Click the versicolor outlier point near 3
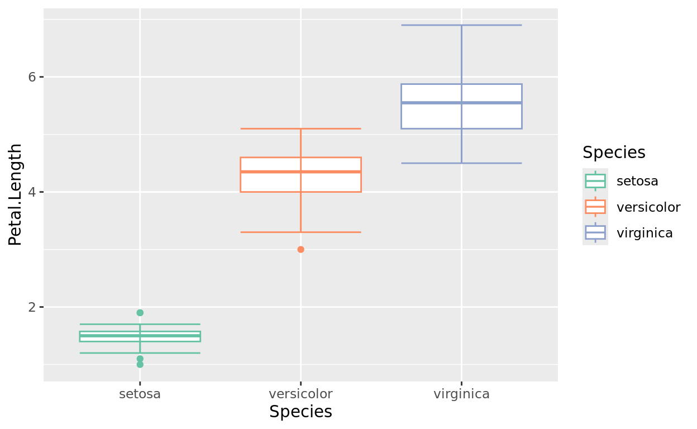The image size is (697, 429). click(x=300, y=249)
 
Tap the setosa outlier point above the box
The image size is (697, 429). click(x=140, y=313)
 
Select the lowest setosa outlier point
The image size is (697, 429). click(x=140, y=364)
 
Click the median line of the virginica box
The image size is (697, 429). click(x=461, y=103)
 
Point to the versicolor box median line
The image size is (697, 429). click(x=300, y=171)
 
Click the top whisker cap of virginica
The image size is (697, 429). click(x=461, y=25)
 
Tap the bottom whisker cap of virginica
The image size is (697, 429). click(x=461, y=163)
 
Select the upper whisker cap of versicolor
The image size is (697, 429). click(x=300, y=128)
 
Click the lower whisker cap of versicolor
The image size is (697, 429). click(x=300, y=232)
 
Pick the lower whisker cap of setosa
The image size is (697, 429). click(x=140, y=353)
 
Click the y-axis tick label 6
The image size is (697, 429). click(x=32, y=77)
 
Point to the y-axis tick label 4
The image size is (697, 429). click(x=32, y=192)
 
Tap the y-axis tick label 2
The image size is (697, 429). click(x=32, y=307)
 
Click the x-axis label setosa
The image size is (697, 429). click(x=140, y=394)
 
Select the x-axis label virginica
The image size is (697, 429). click(x=461, y=394)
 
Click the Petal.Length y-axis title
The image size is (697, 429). click(x=16, y=194)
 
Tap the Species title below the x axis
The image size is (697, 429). click(x=300, y=412)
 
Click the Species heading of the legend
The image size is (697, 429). click(x=614, y=152)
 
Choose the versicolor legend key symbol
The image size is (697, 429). click(x=595, y=207)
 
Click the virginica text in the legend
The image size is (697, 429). click(x=645, y=233)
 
